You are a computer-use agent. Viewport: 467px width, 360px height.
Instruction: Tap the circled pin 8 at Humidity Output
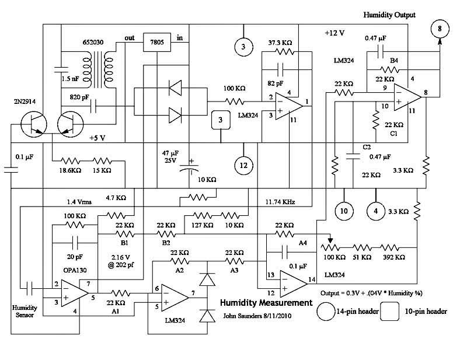(x=440, y=28)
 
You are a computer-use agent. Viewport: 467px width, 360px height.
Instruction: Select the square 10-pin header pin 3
(x=221, y=120)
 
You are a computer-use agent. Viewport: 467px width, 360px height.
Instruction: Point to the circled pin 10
(x=344, y=210)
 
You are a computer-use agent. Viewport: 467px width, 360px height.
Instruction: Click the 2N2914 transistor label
(x=21, y=102)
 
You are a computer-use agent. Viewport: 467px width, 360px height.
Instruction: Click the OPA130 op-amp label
(x=64, y=271)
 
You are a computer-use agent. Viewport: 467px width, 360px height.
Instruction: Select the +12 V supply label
(x=336, y=34)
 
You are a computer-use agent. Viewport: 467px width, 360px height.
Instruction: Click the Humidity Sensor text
(x=23, y=311)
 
